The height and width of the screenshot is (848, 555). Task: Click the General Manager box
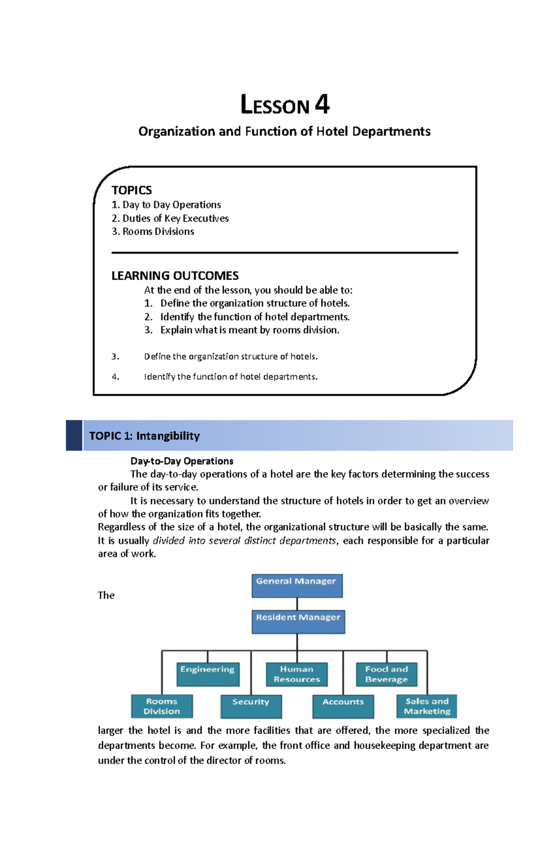[x=297, y=586]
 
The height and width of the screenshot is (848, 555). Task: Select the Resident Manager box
[x=298, y=622]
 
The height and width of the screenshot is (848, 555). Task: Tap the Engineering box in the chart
[x=208, y=674]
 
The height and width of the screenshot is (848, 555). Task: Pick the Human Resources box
[x=296, y=674]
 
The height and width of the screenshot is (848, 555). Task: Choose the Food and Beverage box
[x=387, y=674]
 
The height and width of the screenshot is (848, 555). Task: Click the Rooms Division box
[x=162, y=706]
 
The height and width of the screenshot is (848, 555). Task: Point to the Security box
[x=251, y=706]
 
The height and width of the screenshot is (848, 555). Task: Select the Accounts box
[x=343, y=706]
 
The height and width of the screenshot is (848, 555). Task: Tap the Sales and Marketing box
[x=426, y=706]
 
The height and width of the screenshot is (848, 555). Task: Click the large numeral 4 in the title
[x=322, y=104]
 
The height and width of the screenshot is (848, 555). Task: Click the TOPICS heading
[x=131, y=190]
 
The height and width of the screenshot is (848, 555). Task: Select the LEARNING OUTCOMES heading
[x=175, y=276]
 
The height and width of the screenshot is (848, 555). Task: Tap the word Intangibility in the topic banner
[x=168, y=436]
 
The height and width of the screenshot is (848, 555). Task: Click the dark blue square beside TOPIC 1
[x=74, y=435]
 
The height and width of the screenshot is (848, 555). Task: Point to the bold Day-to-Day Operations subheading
[x=182, y=461]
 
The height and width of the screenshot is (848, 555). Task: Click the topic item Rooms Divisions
[x=158, y=232]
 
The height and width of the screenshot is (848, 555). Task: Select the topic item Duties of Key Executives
[x=175, y=218]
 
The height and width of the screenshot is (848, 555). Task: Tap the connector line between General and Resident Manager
[x=297, y=604]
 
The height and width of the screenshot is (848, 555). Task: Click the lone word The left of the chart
[x=106, y=595]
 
